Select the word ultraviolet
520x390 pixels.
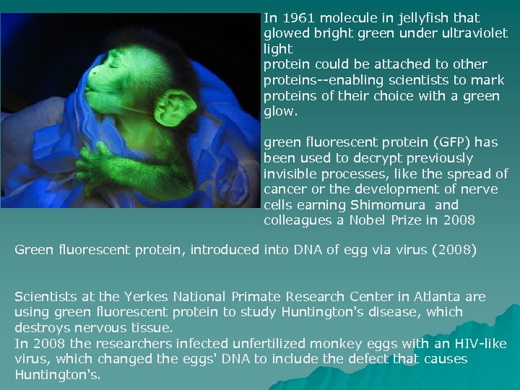click(x=474, y=33)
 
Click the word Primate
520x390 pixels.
click(x=256, y=297)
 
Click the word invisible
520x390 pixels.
click(x=287, y=173)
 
